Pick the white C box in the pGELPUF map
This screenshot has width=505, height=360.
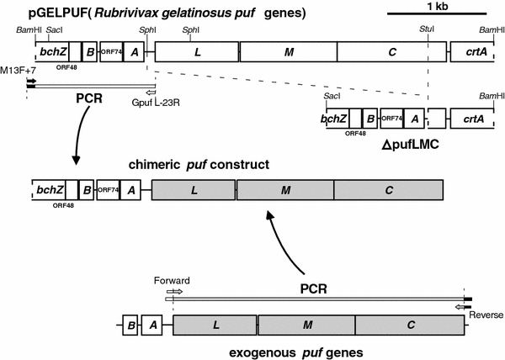pyautogui.click(x=391, y=51)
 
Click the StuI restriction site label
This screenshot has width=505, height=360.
pyautogui.click(x=427, y=29)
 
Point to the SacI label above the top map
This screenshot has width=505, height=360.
pyautogui.click(x=56, y=29)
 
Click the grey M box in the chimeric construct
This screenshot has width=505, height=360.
pyautogui.click(x=285, y=191)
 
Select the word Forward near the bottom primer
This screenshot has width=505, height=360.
pyautogui.click(x=172, y=280)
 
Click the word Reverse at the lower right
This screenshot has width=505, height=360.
pyautogui.click(x=486, y=315)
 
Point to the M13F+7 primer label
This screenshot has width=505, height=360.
pyautogui.click(x=19, y=69)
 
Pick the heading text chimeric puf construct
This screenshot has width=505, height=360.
pyautogui.click(x=198, y=164)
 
